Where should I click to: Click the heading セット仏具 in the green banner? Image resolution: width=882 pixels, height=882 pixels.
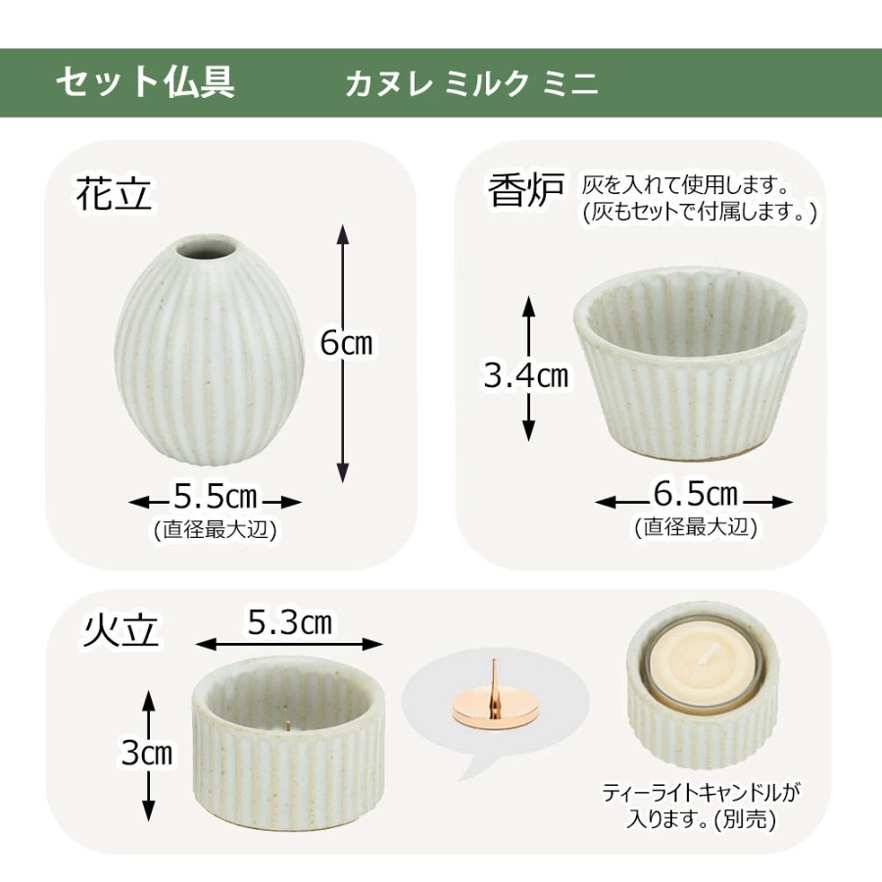[x=145, y=82]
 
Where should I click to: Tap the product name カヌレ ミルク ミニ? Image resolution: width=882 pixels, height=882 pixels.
[x=471, y=84]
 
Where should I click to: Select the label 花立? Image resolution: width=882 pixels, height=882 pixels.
[x=115, y=194]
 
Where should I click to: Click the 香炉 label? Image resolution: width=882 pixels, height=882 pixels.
[x=526, y=190]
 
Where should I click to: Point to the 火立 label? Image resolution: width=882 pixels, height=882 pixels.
[x=122, y=629]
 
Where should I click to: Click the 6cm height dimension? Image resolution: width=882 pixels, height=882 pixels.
[x=347, y=343]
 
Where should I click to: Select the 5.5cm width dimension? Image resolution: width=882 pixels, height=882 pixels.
[x=215, y=497]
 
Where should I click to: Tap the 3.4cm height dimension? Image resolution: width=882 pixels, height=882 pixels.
[x=526, y=375]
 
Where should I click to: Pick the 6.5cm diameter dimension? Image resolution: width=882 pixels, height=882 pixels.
[x=695, y=494]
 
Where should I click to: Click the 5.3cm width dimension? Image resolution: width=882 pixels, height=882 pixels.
[x=290, y=622]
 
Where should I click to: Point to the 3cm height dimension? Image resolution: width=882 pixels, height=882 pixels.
[x=147, y=752]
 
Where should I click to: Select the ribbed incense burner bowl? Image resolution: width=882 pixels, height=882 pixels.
[x=690, y=363]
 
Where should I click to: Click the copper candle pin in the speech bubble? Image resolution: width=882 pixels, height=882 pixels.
[x=493, y=706]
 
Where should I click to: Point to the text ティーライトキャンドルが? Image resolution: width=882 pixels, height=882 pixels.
[x=701, y=793]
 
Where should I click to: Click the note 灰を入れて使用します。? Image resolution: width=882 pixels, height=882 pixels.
[x=685, y=184]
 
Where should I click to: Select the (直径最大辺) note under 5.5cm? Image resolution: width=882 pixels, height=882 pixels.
[x=215, y=530]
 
